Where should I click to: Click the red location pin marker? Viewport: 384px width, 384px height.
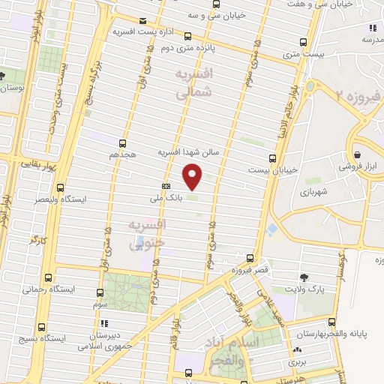193,176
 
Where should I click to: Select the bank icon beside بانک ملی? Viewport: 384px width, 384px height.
165,187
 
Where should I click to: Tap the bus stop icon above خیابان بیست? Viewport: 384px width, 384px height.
271,157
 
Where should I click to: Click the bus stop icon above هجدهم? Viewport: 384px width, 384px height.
122,142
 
